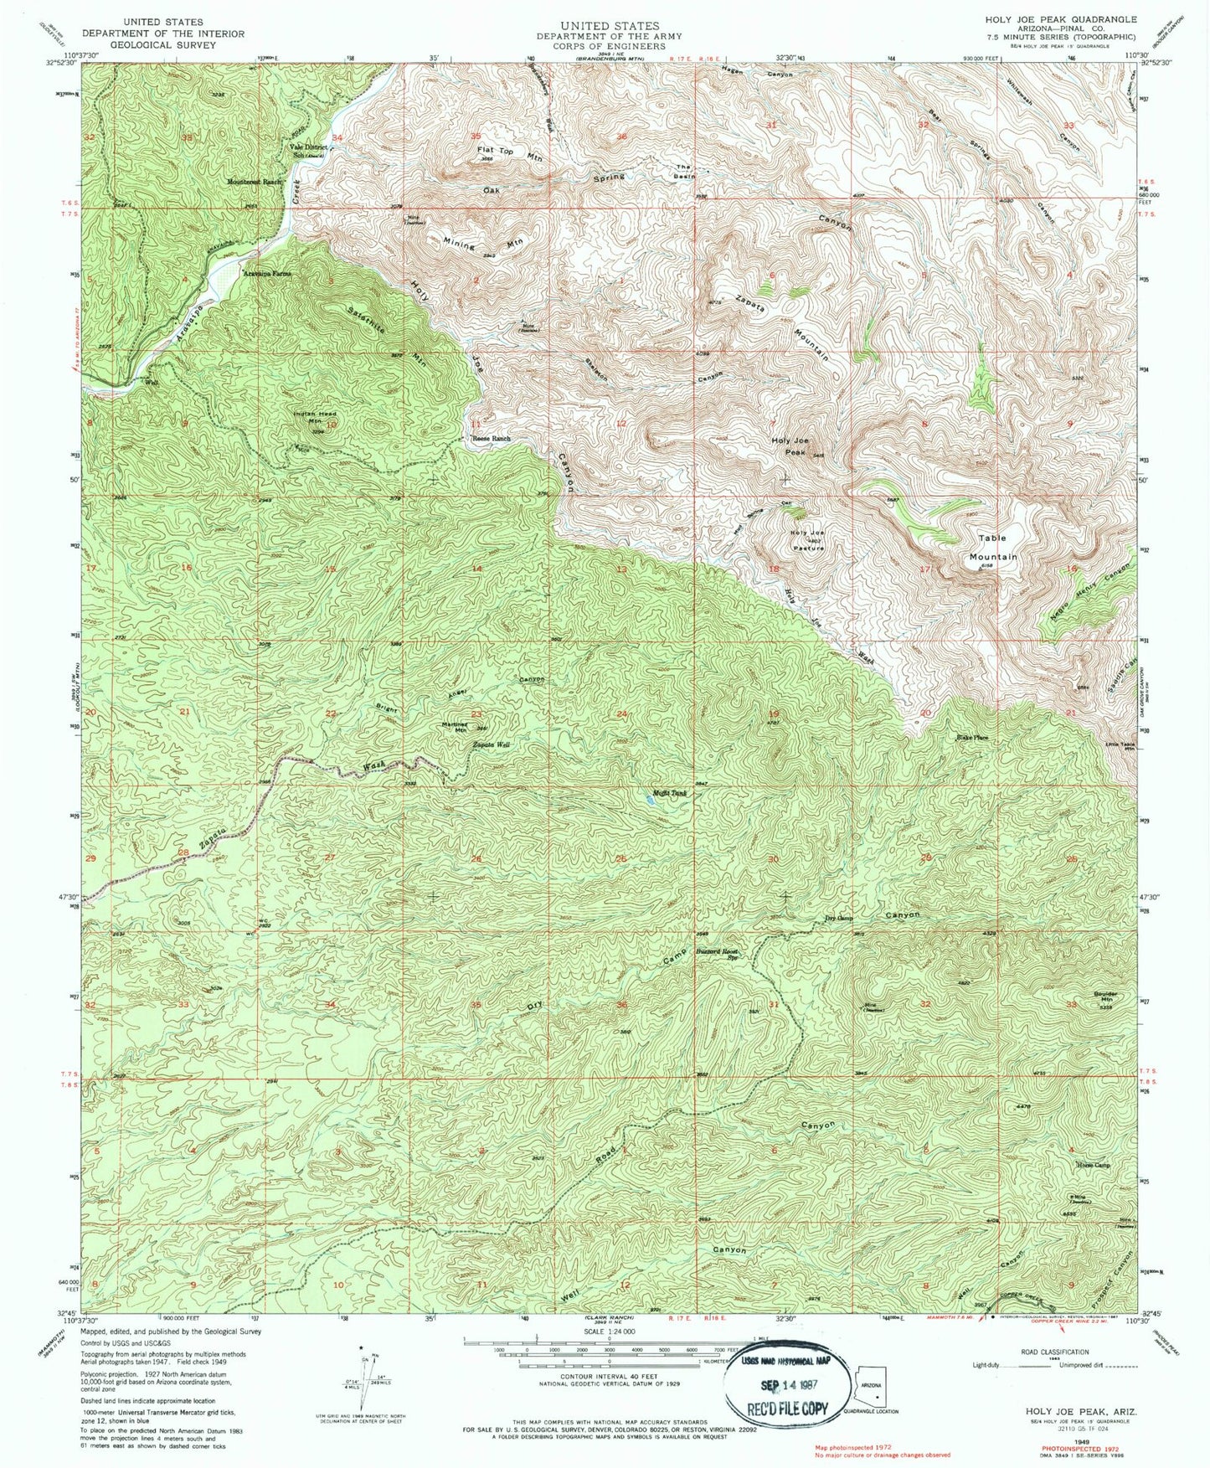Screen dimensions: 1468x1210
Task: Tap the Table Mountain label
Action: click(993, 547)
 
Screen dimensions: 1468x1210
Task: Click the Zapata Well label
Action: click(492, 744)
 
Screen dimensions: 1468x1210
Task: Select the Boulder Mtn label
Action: click(1106, 997)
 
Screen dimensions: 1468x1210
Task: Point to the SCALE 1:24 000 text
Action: click(605, 1332)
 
